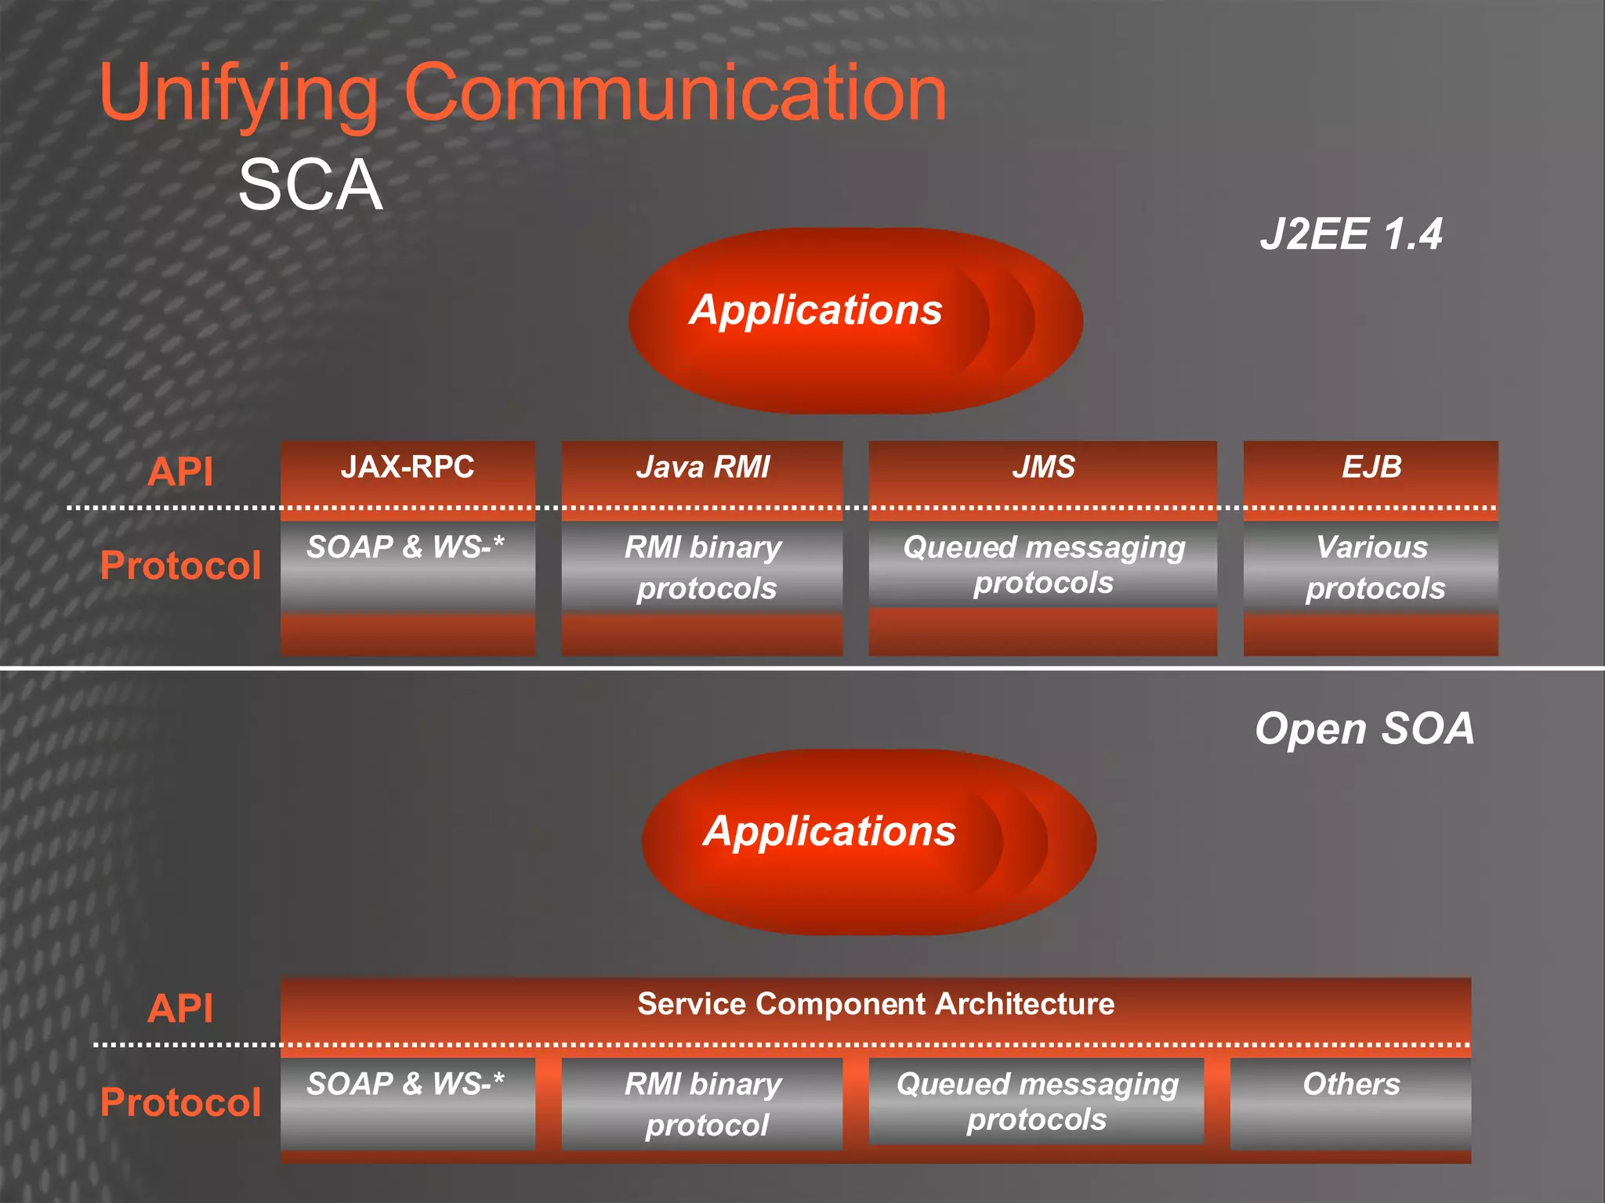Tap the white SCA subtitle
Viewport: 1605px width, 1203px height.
[x=310, y=186]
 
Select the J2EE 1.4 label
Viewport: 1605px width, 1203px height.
[x=1351, y=234]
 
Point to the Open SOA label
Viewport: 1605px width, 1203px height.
[x=1364, y=728]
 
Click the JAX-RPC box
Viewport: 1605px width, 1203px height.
[x=408, y=468]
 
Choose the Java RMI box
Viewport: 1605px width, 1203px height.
[x=702, y=468]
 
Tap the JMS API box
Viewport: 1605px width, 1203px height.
[x=1043, y=468]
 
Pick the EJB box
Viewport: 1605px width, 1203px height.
[x=1371, y=468]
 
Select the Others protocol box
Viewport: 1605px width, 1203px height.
[x=1350, y=1085]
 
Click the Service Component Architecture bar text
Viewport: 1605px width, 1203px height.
[x=875, y=1004]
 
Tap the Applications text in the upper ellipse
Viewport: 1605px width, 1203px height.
[x=816, y=310]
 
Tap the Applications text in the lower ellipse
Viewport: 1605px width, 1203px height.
[x=829, y=831]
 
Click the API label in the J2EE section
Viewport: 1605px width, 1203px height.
[x=180, y=471]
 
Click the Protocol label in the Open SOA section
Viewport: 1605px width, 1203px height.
[x=180, y=1103]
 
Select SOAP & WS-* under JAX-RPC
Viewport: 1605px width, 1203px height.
[x=406, y=547]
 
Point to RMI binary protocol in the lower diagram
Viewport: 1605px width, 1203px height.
[x=703, y=1104]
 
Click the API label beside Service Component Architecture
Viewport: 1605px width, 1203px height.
[x=180, y=1008]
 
